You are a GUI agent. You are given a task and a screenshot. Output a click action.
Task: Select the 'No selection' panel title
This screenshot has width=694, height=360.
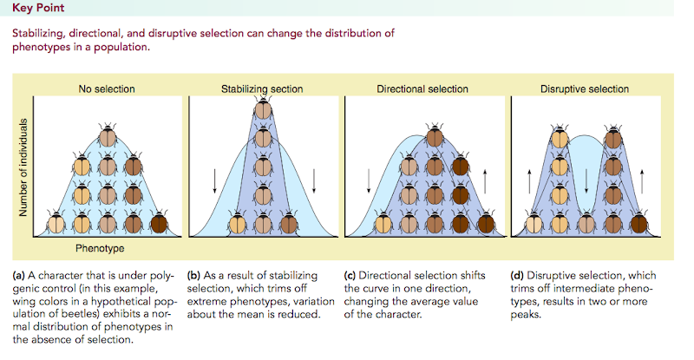click(108, 88)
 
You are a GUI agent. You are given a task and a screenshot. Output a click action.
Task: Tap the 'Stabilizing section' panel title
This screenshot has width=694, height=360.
click(263, 88)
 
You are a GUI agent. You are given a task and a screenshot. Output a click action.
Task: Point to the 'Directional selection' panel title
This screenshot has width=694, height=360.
click(422, 88)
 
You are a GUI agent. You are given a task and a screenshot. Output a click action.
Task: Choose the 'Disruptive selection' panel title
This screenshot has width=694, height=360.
click(585, 88)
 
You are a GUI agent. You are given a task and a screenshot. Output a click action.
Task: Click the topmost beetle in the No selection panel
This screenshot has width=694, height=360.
click(108, 136)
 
